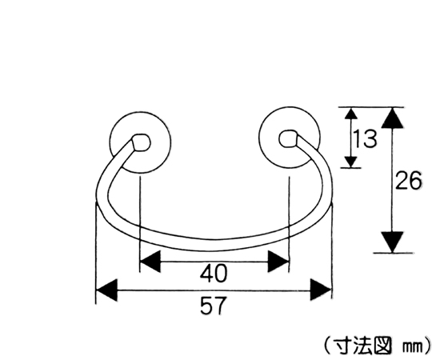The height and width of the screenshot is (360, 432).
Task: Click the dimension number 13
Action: point(365,139)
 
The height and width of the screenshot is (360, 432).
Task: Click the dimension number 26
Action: point(408,181)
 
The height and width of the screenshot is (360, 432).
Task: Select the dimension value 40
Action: point(214,274)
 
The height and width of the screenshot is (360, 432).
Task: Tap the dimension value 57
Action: point(213,306)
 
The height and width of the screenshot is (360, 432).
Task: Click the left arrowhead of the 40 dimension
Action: point(150,262)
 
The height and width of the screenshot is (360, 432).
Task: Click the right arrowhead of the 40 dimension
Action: point(278,262)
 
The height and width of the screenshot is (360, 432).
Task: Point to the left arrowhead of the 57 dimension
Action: point(106,290)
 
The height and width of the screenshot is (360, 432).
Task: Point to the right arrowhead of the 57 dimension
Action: point(321,290)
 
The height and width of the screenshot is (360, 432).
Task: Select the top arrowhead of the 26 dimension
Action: point(392,118)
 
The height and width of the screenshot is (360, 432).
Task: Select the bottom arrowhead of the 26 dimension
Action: point(393,242)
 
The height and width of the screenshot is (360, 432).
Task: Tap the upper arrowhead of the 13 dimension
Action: point(350,114)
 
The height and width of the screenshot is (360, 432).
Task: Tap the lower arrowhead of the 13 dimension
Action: point(351,162)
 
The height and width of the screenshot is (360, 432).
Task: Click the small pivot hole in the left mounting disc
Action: point(141,143)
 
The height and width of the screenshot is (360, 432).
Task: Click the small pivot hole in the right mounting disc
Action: point(288,139)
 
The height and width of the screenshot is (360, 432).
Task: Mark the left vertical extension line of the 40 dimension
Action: point(140,224)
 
